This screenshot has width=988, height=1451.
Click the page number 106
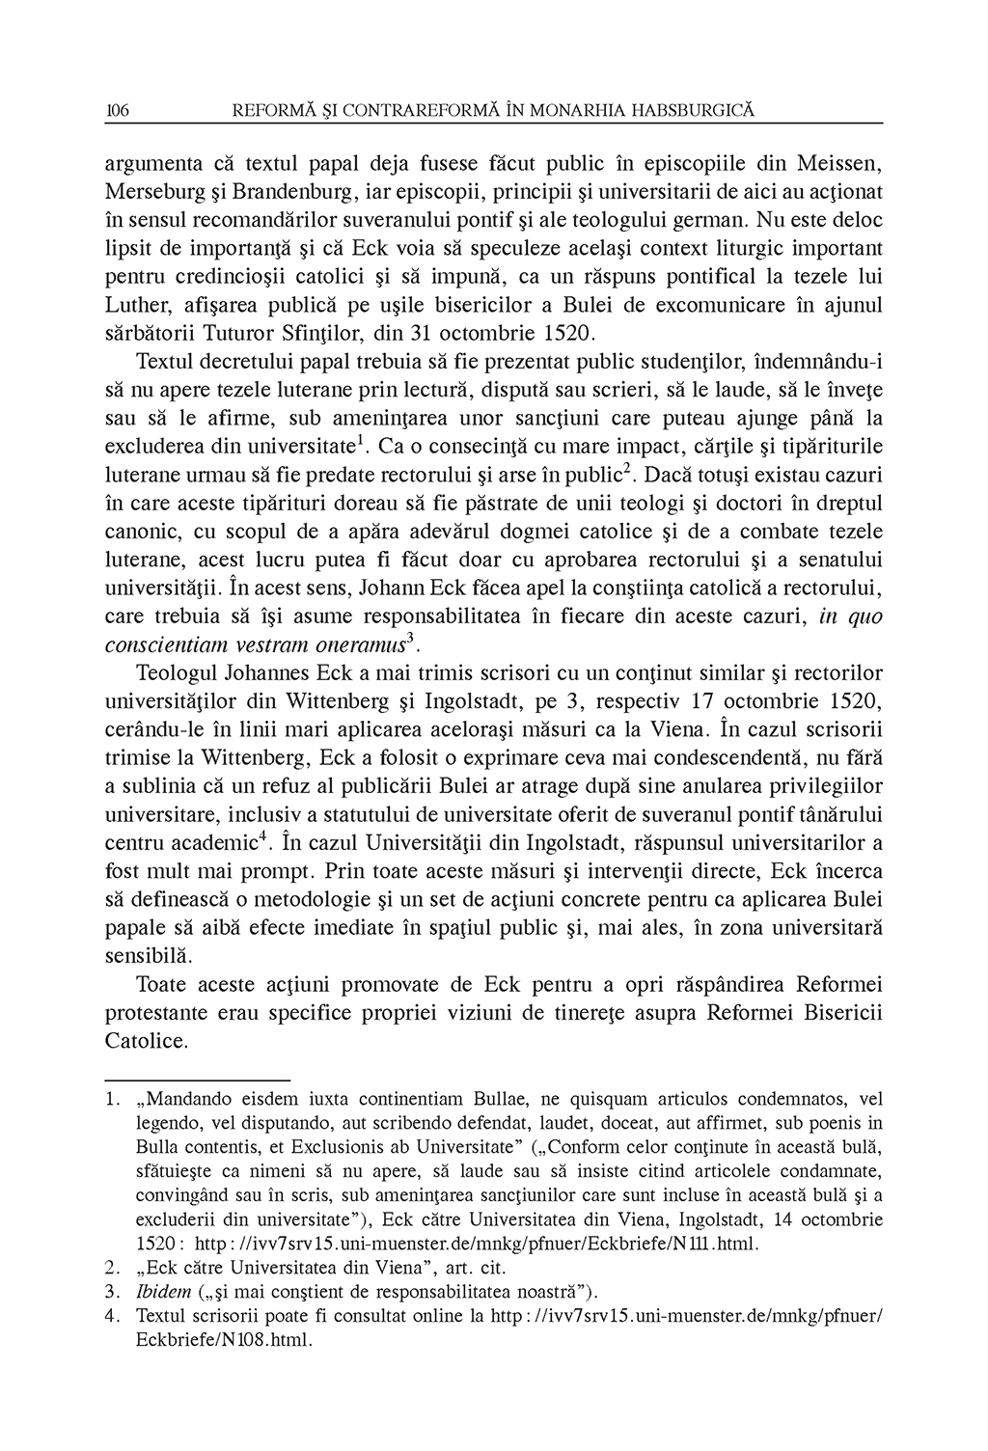pyautogui.click(x=117, y=112)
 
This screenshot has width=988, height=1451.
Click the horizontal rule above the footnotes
pyautogui.click(x=197, y=1079)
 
